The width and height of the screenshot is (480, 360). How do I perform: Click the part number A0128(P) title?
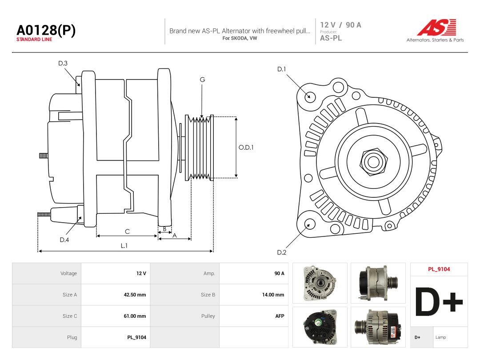(46, 30)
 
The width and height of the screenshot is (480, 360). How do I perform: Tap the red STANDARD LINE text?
(34, 40)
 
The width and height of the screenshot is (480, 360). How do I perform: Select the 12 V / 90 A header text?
(341, 25)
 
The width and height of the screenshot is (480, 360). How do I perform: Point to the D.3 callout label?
(63, 63)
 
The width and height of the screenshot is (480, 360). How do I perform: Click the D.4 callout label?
(64, 240)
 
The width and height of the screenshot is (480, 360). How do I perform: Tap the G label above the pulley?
(202, 80)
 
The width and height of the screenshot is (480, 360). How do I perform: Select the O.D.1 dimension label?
(246, 147)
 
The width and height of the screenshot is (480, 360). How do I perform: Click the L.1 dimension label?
(124, 245)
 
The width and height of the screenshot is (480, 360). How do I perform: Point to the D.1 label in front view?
(281, 69)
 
